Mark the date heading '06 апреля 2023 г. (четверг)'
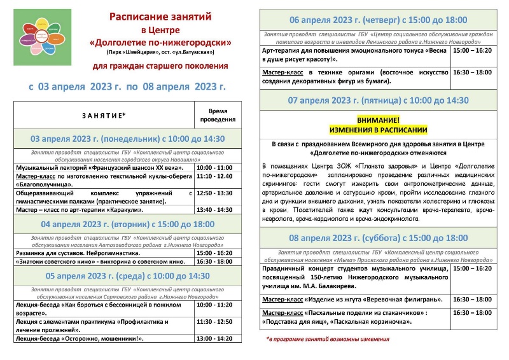click(x=378, y=20)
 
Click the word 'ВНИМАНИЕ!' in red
click(x=378, y=120)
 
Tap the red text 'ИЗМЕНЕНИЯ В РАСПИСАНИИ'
click(x=378, y=129)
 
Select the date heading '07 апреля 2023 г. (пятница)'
click(x=378, y=100)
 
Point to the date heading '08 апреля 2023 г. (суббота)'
click(x=378, y=238)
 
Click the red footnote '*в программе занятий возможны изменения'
click(x=327, y=339)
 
